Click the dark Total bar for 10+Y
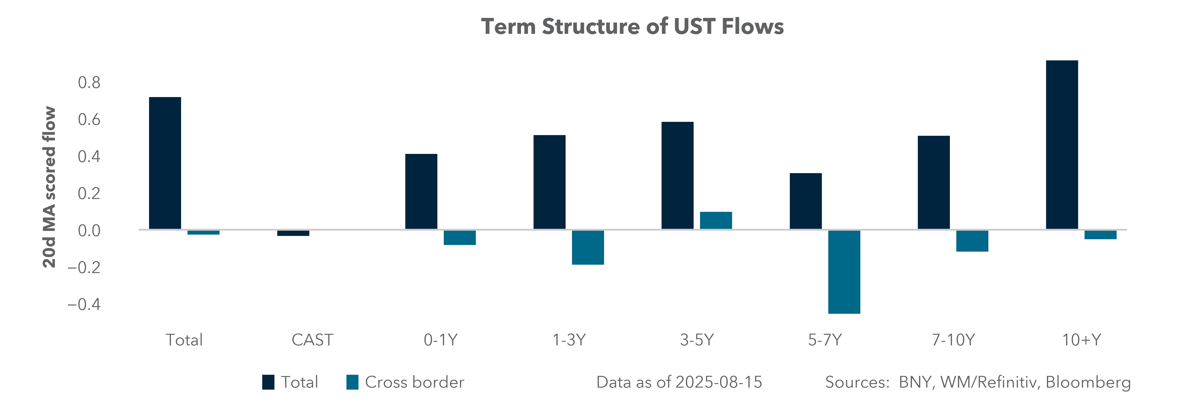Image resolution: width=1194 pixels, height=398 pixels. (x=1062, y=145)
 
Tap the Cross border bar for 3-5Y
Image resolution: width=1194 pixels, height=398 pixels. (x=716, y=220)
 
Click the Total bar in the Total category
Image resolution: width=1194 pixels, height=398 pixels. (x=165, y=163)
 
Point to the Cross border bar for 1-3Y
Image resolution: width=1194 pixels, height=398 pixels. (x=588, y=247)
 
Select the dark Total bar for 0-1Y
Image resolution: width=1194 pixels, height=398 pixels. (x=421, y=191)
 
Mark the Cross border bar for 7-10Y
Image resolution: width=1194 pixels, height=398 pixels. (x=972, y=241)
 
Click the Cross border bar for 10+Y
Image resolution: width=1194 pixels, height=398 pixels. (x=1100, y=234)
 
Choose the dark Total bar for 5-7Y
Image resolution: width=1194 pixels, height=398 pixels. (x=806, y=201)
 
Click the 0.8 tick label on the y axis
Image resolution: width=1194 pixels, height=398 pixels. (x=89, y=82)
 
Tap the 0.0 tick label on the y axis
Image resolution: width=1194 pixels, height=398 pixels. (x=89, y=230)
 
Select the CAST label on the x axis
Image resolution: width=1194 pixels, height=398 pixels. (x=312, y=340)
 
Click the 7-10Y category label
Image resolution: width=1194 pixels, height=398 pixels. (x=953, y=340)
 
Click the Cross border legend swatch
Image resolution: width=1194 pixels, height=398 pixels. (x=352, y=382)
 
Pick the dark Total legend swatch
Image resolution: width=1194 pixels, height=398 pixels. (x=268, y=382)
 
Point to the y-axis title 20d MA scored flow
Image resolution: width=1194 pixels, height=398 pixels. (x=49, y=187)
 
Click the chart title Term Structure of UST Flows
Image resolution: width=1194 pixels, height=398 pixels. (x=632, y=26)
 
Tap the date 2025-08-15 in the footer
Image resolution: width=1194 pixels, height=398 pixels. (x=718, y=382)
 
